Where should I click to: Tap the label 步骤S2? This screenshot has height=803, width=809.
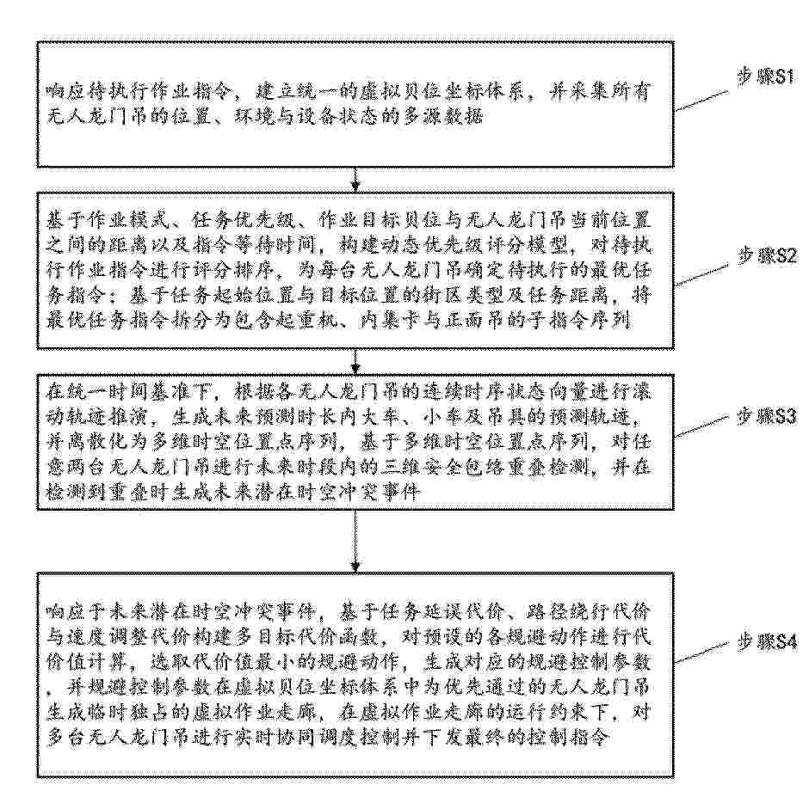757,255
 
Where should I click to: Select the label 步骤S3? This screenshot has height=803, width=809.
757,415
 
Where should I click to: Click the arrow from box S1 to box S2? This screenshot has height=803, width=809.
356,178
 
